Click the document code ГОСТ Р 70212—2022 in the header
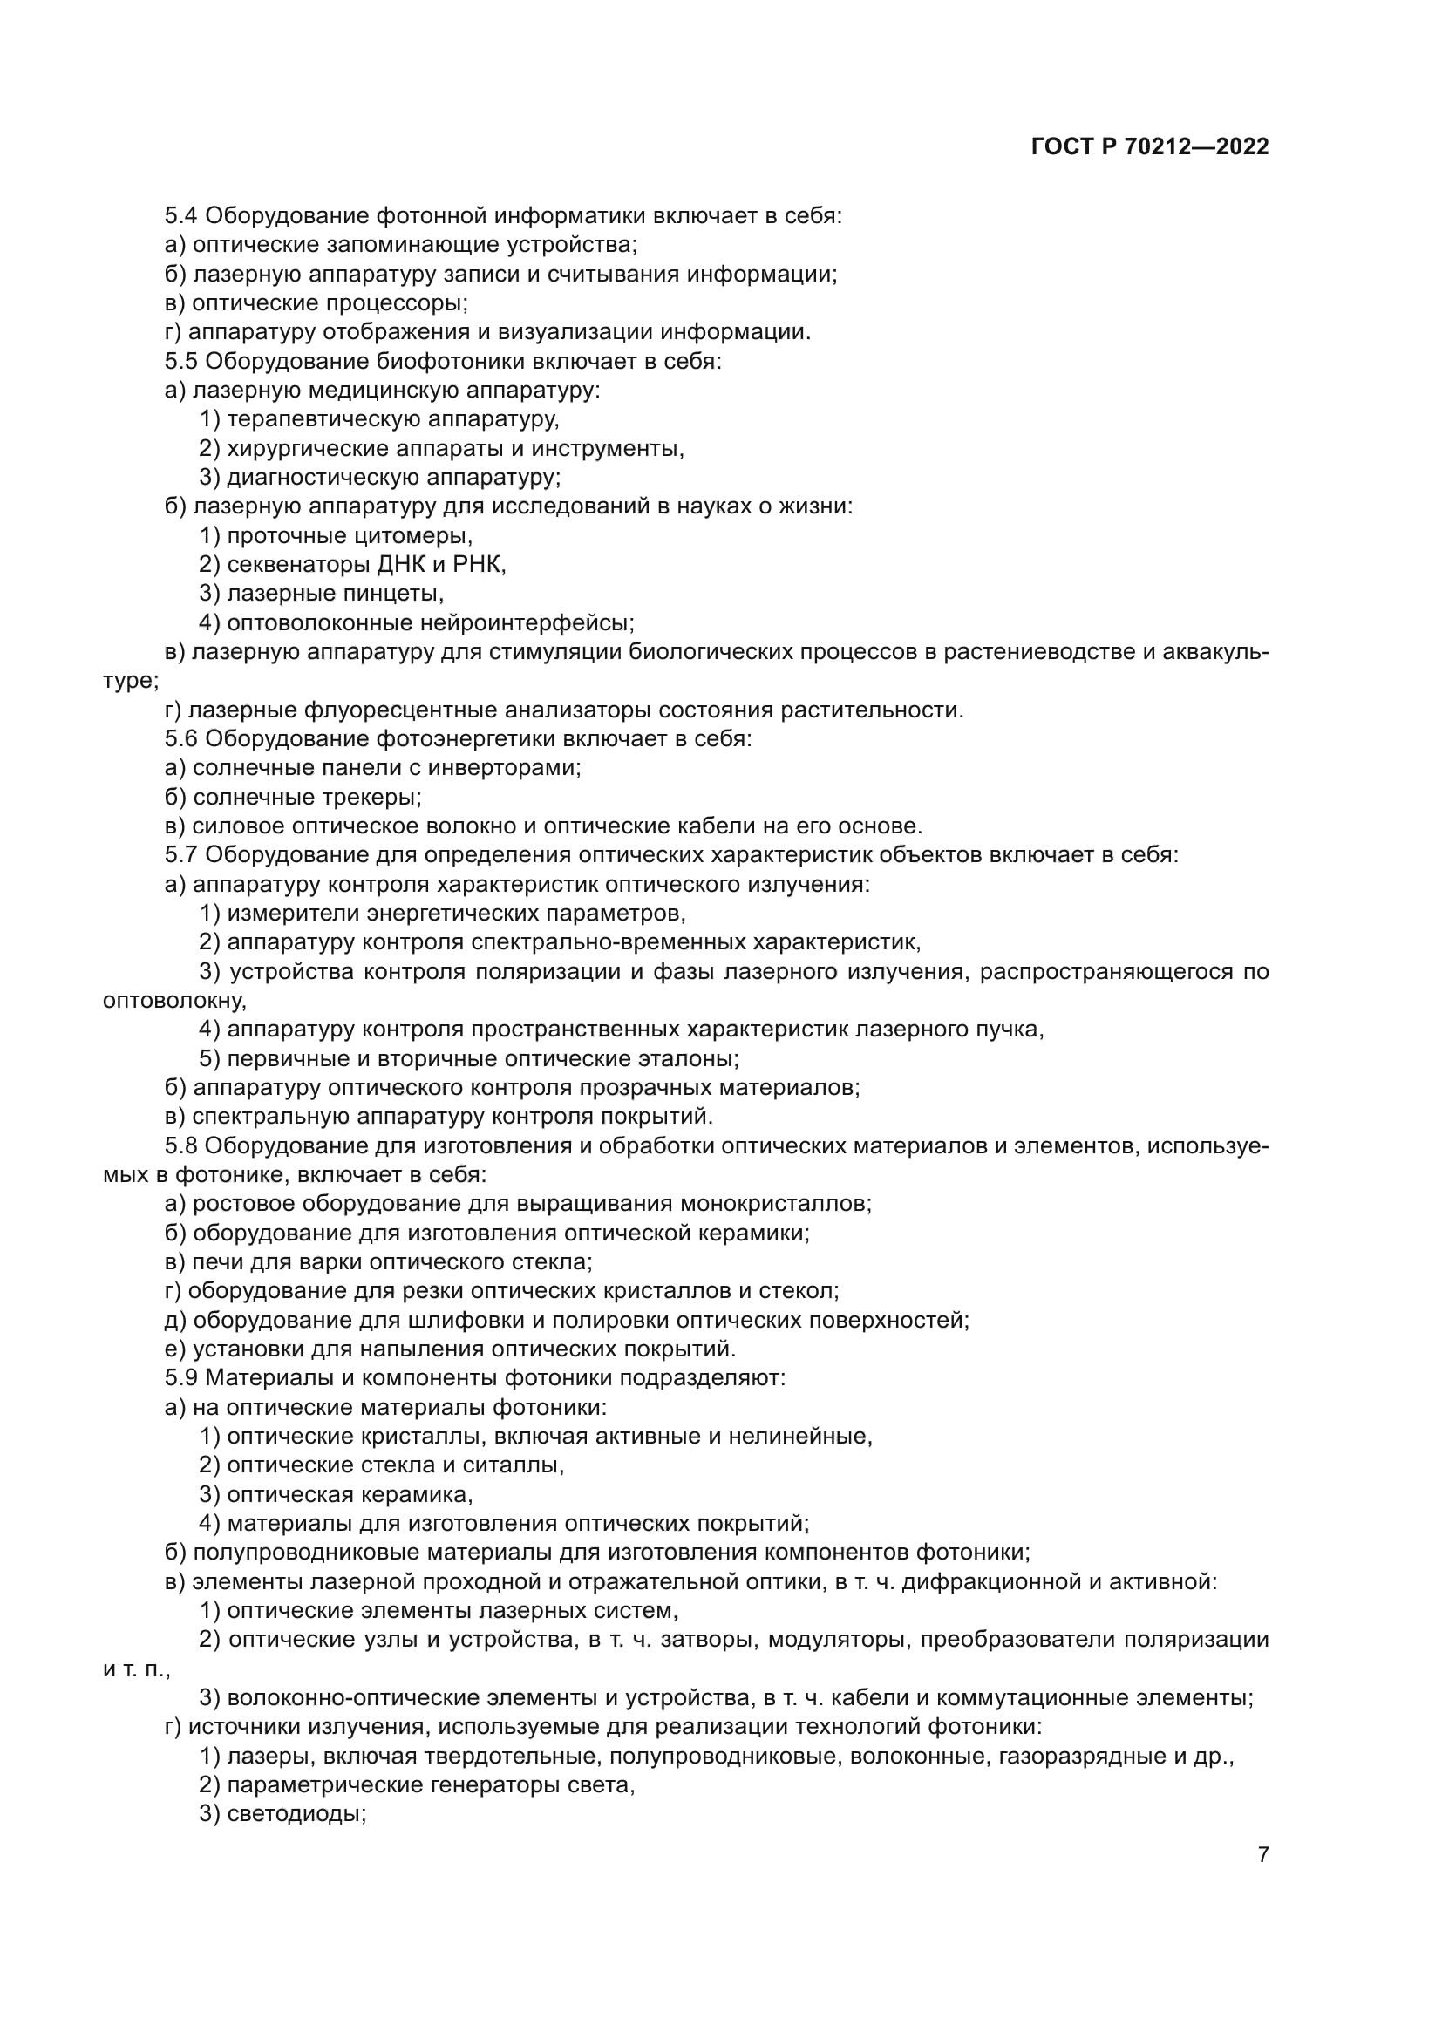pos(1150,147)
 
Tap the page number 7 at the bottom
pos(1262,1872)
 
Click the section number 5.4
pos(181,216)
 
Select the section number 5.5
pos(181,362)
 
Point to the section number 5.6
pos(181,739)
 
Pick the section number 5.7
pos(181,855)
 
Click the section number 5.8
pos(181,1145)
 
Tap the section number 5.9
pos(181,1378)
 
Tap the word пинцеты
pos(391,594)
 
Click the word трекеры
pos(371,798)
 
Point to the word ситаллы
pos(513,1465)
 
